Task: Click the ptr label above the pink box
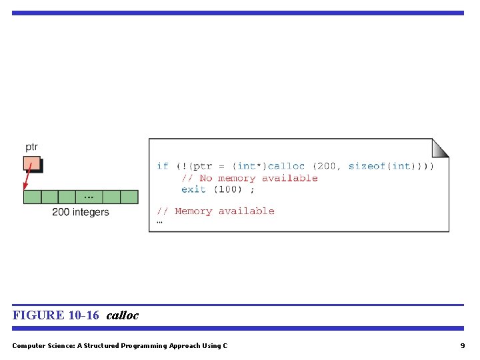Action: click(31, 147)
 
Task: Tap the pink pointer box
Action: click(31, 163)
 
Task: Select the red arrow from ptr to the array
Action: click(27, 178)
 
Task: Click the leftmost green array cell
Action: click(32, 197)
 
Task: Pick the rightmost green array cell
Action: click(129, 197)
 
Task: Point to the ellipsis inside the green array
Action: click(89, 197)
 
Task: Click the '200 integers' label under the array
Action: click(81, 212)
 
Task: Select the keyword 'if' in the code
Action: click(163, 166)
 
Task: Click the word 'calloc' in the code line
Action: click(286, 166)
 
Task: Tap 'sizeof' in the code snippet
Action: click(367, 166)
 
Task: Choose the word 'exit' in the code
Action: click(193, 189)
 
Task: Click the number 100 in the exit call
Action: click(229, 189)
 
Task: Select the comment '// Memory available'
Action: click(215, 211)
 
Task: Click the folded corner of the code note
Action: click(441, 147)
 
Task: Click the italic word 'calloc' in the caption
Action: click(123, 315)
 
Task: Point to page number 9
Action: click(462, 345)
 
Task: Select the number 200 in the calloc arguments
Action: click(327, 166)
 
